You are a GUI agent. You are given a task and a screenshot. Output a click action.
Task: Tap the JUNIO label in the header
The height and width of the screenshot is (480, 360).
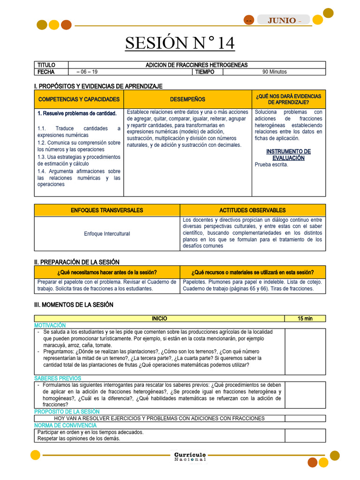click(282, 20)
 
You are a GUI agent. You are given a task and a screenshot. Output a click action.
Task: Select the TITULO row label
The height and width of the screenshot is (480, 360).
click(46, 65)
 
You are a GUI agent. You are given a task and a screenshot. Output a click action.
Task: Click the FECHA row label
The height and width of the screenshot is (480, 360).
click(46, 72)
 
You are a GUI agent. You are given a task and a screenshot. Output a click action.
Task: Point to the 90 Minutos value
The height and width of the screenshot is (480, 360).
click(274, 72)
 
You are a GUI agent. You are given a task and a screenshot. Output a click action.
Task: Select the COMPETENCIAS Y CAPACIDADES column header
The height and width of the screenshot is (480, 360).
click(79, 99)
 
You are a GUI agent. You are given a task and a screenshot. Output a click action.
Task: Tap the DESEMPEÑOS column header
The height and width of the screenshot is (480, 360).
click(187, 99)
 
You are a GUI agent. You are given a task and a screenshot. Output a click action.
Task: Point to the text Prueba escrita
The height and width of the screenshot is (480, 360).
click(271, 165)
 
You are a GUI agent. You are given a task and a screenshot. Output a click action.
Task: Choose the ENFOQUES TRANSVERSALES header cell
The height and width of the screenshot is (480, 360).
click(107, 210)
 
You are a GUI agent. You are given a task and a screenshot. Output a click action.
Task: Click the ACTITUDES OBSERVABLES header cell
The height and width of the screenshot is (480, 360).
click(253, 210)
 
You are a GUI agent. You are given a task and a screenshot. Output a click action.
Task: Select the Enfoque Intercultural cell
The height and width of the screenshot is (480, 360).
click(107, 233)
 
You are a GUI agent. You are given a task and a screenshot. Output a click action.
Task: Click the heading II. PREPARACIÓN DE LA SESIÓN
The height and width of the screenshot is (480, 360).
click(77, 262)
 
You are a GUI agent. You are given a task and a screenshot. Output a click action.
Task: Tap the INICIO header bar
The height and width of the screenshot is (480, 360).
click(159, 319)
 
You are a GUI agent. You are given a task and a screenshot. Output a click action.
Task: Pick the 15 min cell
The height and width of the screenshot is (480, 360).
click(305, 319)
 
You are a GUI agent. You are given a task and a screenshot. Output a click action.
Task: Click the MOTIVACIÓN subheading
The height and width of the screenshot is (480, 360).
click(50, 325)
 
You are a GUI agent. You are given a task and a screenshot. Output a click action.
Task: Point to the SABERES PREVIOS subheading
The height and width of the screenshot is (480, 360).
click(58, 378)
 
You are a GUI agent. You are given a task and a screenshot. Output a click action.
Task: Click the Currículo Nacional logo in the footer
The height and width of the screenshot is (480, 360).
click(189, 457)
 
